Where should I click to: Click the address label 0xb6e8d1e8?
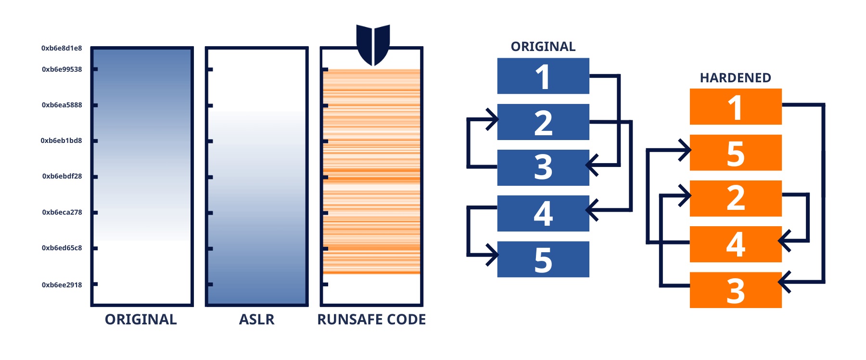pos(62,48)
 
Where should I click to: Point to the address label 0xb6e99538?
pos(62,69)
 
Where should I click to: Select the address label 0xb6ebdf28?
pos(62,176)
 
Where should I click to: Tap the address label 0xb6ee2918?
pos(62,285)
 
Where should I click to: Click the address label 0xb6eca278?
pos(62,212)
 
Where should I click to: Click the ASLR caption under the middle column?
pos(256,320)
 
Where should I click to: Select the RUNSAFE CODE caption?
pos(371,320)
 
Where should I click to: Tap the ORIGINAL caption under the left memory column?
pos(141,320)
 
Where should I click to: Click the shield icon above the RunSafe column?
pos(373,44)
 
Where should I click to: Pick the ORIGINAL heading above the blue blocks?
pos(543,47)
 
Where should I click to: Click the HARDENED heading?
pos(735,78)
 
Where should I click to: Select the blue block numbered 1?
pos(543,76)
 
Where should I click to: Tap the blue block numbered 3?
pos(543,167)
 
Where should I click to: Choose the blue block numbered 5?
pos(543,259)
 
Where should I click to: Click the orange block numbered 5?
pos(736,153)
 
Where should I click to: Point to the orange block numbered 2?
pos(736,198)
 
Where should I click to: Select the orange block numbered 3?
pos(736,290)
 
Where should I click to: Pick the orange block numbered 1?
pos(736,107)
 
